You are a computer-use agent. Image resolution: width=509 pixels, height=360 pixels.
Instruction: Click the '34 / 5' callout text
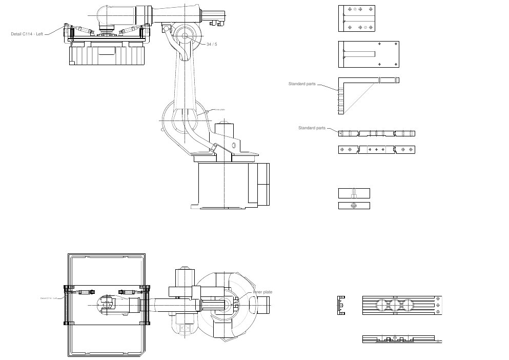coord(212,45)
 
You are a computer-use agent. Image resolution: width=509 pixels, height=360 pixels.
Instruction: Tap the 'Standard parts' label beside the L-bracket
coord(302,84)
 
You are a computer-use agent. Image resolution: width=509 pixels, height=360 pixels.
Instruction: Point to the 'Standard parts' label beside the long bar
coord(312,128)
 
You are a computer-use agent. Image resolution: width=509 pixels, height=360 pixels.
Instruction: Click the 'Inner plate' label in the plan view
coord(262,292)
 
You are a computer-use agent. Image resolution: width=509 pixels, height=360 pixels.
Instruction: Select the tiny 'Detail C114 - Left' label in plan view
coord(48,298)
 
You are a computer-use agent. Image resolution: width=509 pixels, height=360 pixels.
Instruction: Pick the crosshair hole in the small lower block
coord(354,206)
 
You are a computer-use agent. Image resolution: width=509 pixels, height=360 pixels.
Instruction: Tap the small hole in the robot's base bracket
coord(234,146)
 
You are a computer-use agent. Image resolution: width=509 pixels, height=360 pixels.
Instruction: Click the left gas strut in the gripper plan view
coord(85,292)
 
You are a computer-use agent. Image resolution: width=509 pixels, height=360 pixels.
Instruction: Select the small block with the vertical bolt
coord(354,193)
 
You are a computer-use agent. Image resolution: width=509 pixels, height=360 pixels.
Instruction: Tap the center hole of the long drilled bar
coord(376,150)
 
